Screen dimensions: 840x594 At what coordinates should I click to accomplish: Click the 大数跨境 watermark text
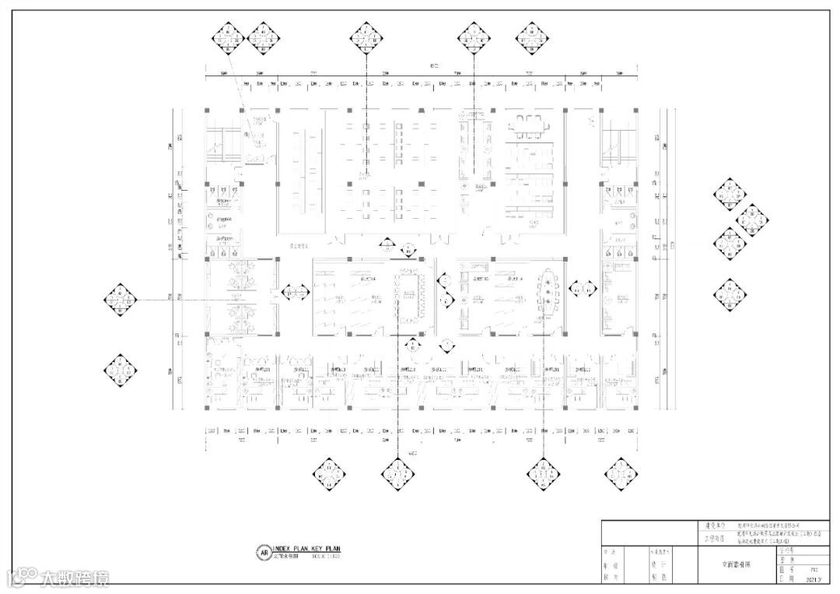[75, 578]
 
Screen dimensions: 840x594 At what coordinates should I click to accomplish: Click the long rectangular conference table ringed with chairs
[408, 293]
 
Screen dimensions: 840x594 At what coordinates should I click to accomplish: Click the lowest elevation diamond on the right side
[730, 294]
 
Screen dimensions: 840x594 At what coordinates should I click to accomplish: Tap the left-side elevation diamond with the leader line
[121, 297]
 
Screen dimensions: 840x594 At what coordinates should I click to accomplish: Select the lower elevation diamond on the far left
[121, 371]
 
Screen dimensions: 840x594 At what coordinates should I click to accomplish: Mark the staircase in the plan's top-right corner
[618, 143]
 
